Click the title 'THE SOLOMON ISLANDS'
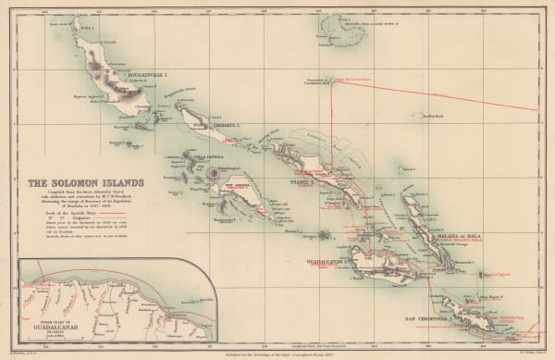[x=70, y=183]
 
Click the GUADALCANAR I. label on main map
[x=328, y=263]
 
